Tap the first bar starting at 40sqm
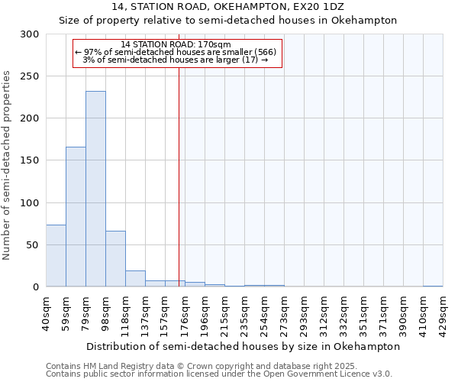click(x=56, y=255)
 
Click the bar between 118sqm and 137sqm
click(x=135, y=279)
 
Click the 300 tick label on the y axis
click(x=30, y=34)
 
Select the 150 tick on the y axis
click(x=30, y=160)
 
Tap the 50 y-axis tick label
click(x=33, y=245)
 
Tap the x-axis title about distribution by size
click(x=244, y=346)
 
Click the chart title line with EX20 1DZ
click(x=227, y=7)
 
